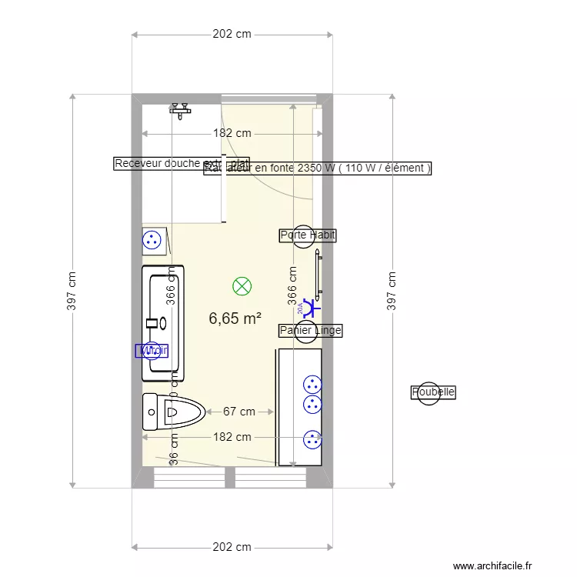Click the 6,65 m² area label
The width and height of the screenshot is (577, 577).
coord(235,318)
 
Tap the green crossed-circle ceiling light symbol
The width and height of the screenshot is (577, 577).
coord(242,287)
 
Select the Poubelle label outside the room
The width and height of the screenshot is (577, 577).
coord(433,392)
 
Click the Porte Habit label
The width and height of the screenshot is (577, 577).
coord(308,235)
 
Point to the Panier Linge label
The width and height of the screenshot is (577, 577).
coord(310,330)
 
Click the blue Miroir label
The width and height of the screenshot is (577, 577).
coord(152,351)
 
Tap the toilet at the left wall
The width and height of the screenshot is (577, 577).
coord(173,412)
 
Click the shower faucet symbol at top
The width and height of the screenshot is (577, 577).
coord(181,109)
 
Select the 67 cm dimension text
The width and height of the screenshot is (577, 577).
coord(239,412)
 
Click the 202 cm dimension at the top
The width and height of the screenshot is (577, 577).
coord(232,35)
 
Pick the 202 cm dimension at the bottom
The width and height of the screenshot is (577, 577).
coord(232,547)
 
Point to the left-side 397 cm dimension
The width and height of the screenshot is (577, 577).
coord(72,291)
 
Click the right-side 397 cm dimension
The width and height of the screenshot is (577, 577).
coord(392,291)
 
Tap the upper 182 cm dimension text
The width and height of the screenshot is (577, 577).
coord(232,133)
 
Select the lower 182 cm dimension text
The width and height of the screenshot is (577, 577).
coord(232,437)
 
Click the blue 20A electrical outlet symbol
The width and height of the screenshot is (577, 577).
coord(310,308)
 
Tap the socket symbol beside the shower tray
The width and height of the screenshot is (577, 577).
coord(153,239)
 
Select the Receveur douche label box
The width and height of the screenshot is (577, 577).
coord(158,163)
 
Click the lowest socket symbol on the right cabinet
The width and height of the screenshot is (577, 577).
coord(312,439)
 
